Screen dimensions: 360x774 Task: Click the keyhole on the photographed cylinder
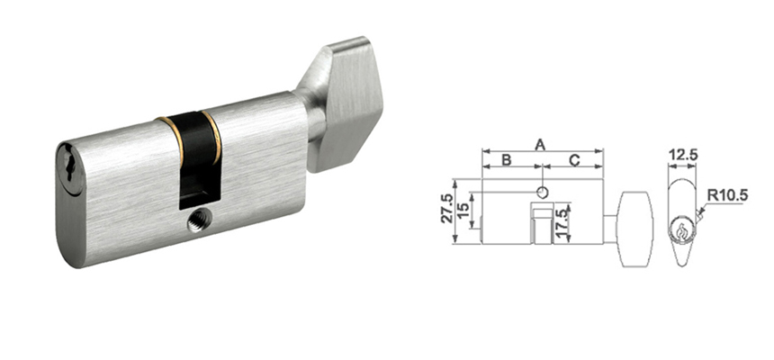pyautogui.click(x=71, y=169)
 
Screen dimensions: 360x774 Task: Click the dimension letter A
pyautogui.click(x=541, y=143)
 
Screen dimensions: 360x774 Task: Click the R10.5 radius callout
pyautogui.click(x=727, y=193)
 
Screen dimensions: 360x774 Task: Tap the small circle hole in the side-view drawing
pyautogui.click(x=541, y=192)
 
